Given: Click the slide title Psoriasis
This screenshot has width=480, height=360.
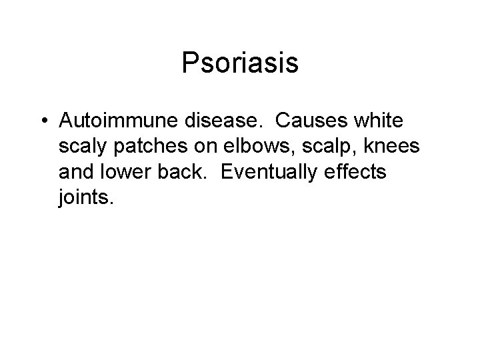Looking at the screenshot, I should (x=239, y=64).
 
